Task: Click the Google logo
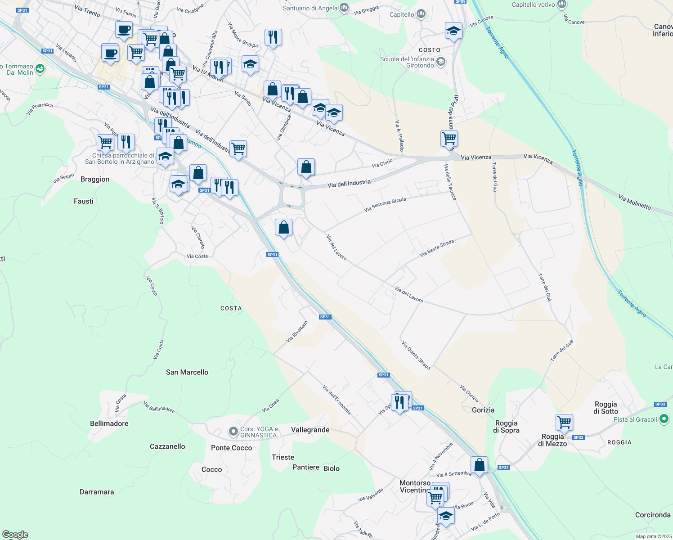click(x=15, y=534)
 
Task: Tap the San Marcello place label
click(x=187, y=372)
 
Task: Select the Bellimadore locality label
click(x=109, y=423)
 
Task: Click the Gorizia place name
click(x=483, y=410)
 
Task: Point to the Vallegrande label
click(x=310, y=430)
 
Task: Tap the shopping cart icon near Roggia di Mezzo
click(x=564, y=423)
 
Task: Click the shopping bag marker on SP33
click(x=479, y=465)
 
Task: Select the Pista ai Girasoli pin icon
click(x=664, y=419)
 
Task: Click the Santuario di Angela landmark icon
click(x=344, y=8)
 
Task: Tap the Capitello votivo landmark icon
click(x=562, y=4)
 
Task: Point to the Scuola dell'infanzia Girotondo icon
click(x=441, y=61)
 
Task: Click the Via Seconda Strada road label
click(x=385, y=204)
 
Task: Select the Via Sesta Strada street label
click(x=437, y=248)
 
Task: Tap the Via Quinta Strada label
click(x=416, y=355)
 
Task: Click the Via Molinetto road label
click(x=634, y=202)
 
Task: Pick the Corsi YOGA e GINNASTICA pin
click(x=233, y=432)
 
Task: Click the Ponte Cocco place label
click(x=232, y=448)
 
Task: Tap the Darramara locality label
click(x=97, y=492)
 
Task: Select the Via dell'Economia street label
click(x=336, y=400)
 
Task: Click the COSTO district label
click(x=430, y=50)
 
